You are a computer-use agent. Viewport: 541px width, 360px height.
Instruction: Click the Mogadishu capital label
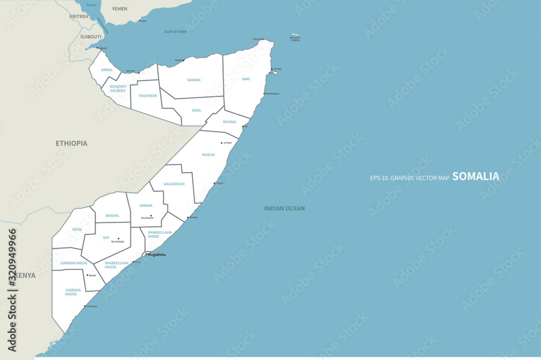157,254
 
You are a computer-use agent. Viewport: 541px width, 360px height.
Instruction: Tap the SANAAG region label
194,80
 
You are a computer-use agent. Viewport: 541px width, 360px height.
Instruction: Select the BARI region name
246,79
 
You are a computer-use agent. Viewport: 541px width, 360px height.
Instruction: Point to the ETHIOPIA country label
71,143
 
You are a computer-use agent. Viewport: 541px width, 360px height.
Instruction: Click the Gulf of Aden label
175,31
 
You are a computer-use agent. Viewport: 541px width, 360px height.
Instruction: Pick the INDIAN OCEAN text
284,208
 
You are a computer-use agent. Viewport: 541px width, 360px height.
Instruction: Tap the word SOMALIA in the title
476,176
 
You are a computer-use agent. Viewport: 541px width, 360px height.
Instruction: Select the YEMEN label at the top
119,9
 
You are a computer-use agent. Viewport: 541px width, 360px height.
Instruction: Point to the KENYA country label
25,276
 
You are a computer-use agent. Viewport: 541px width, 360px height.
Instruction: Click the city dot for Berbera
139,73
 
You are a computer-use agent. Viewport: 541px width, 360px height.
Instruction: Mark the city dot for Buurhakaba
118,239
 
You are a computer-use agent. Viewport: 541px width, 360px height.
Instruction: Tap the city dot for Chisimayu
85,307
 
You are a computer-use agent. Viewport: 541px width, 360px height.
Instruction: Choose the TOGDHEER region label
147,95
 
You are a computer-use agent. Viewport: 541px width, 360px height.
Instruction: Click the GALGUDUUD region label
174,184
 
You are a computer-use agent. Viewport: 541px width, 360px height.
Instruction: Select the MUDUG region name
208,155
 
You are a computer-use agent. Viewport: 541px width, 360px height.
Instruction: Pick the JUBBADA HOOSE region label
73,292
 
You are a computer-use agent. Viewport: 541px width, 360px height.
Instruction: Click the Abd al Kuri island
295,34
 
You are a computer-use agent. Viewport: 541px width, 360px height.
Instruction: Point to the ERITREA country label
78,16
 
